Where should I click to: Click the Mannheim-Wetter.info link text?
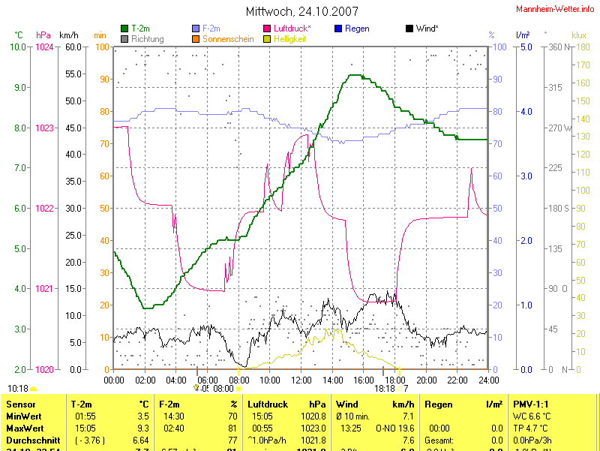(555, 8)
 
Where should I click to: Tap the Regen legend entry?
(356, 29)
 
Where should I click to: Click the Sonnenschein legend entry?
(227, 38)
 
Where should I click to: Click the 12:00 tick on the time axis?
(301, 380)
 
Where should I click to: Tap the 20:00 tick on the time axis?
(426, 380)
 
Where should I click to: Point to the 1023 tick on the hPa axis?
(45, 128)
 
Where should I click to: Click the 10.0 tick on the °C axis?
(18, 47)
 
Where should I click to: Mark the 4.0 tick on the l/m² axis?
(526, 112)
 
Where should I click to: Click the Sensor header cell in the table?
(20, 404)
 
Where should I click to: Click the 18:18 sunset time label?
(385, 389)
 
